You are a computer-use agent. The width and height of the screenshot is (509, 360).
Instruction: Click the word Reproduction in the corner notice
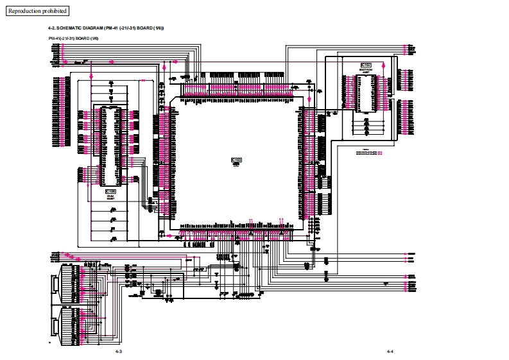[24, 11]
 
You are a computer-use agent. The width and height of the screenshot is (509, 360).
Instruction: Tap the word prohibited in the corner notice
[54, 11]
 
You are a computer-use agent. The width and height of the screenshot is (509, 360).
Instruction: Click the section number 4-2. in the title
[53, 29]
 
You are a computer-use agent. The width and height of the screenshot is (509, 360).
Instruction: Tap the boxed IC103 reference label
[236, 159]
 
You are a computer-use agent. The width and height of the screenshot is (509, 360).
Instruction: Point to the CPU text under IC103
[236, 164]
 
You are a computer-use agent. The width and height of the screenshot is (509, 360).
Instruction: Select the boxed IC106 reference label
[111, 191]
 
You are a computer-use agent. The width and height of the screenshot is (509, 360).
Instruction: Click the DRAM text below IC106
[111, 196]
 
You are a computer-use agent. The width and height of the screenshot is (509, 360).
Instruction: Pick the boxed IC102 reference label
[366, 65]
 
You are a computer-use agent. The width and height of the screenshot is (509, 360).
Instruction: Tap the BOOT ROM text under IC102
[366, 70]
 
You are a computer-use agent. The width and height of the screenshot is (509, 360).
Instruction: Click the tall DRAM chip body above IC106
[110, 144]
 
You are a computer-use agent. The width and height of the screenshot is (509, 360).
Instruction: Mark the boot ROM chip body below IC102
[367, 99]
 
